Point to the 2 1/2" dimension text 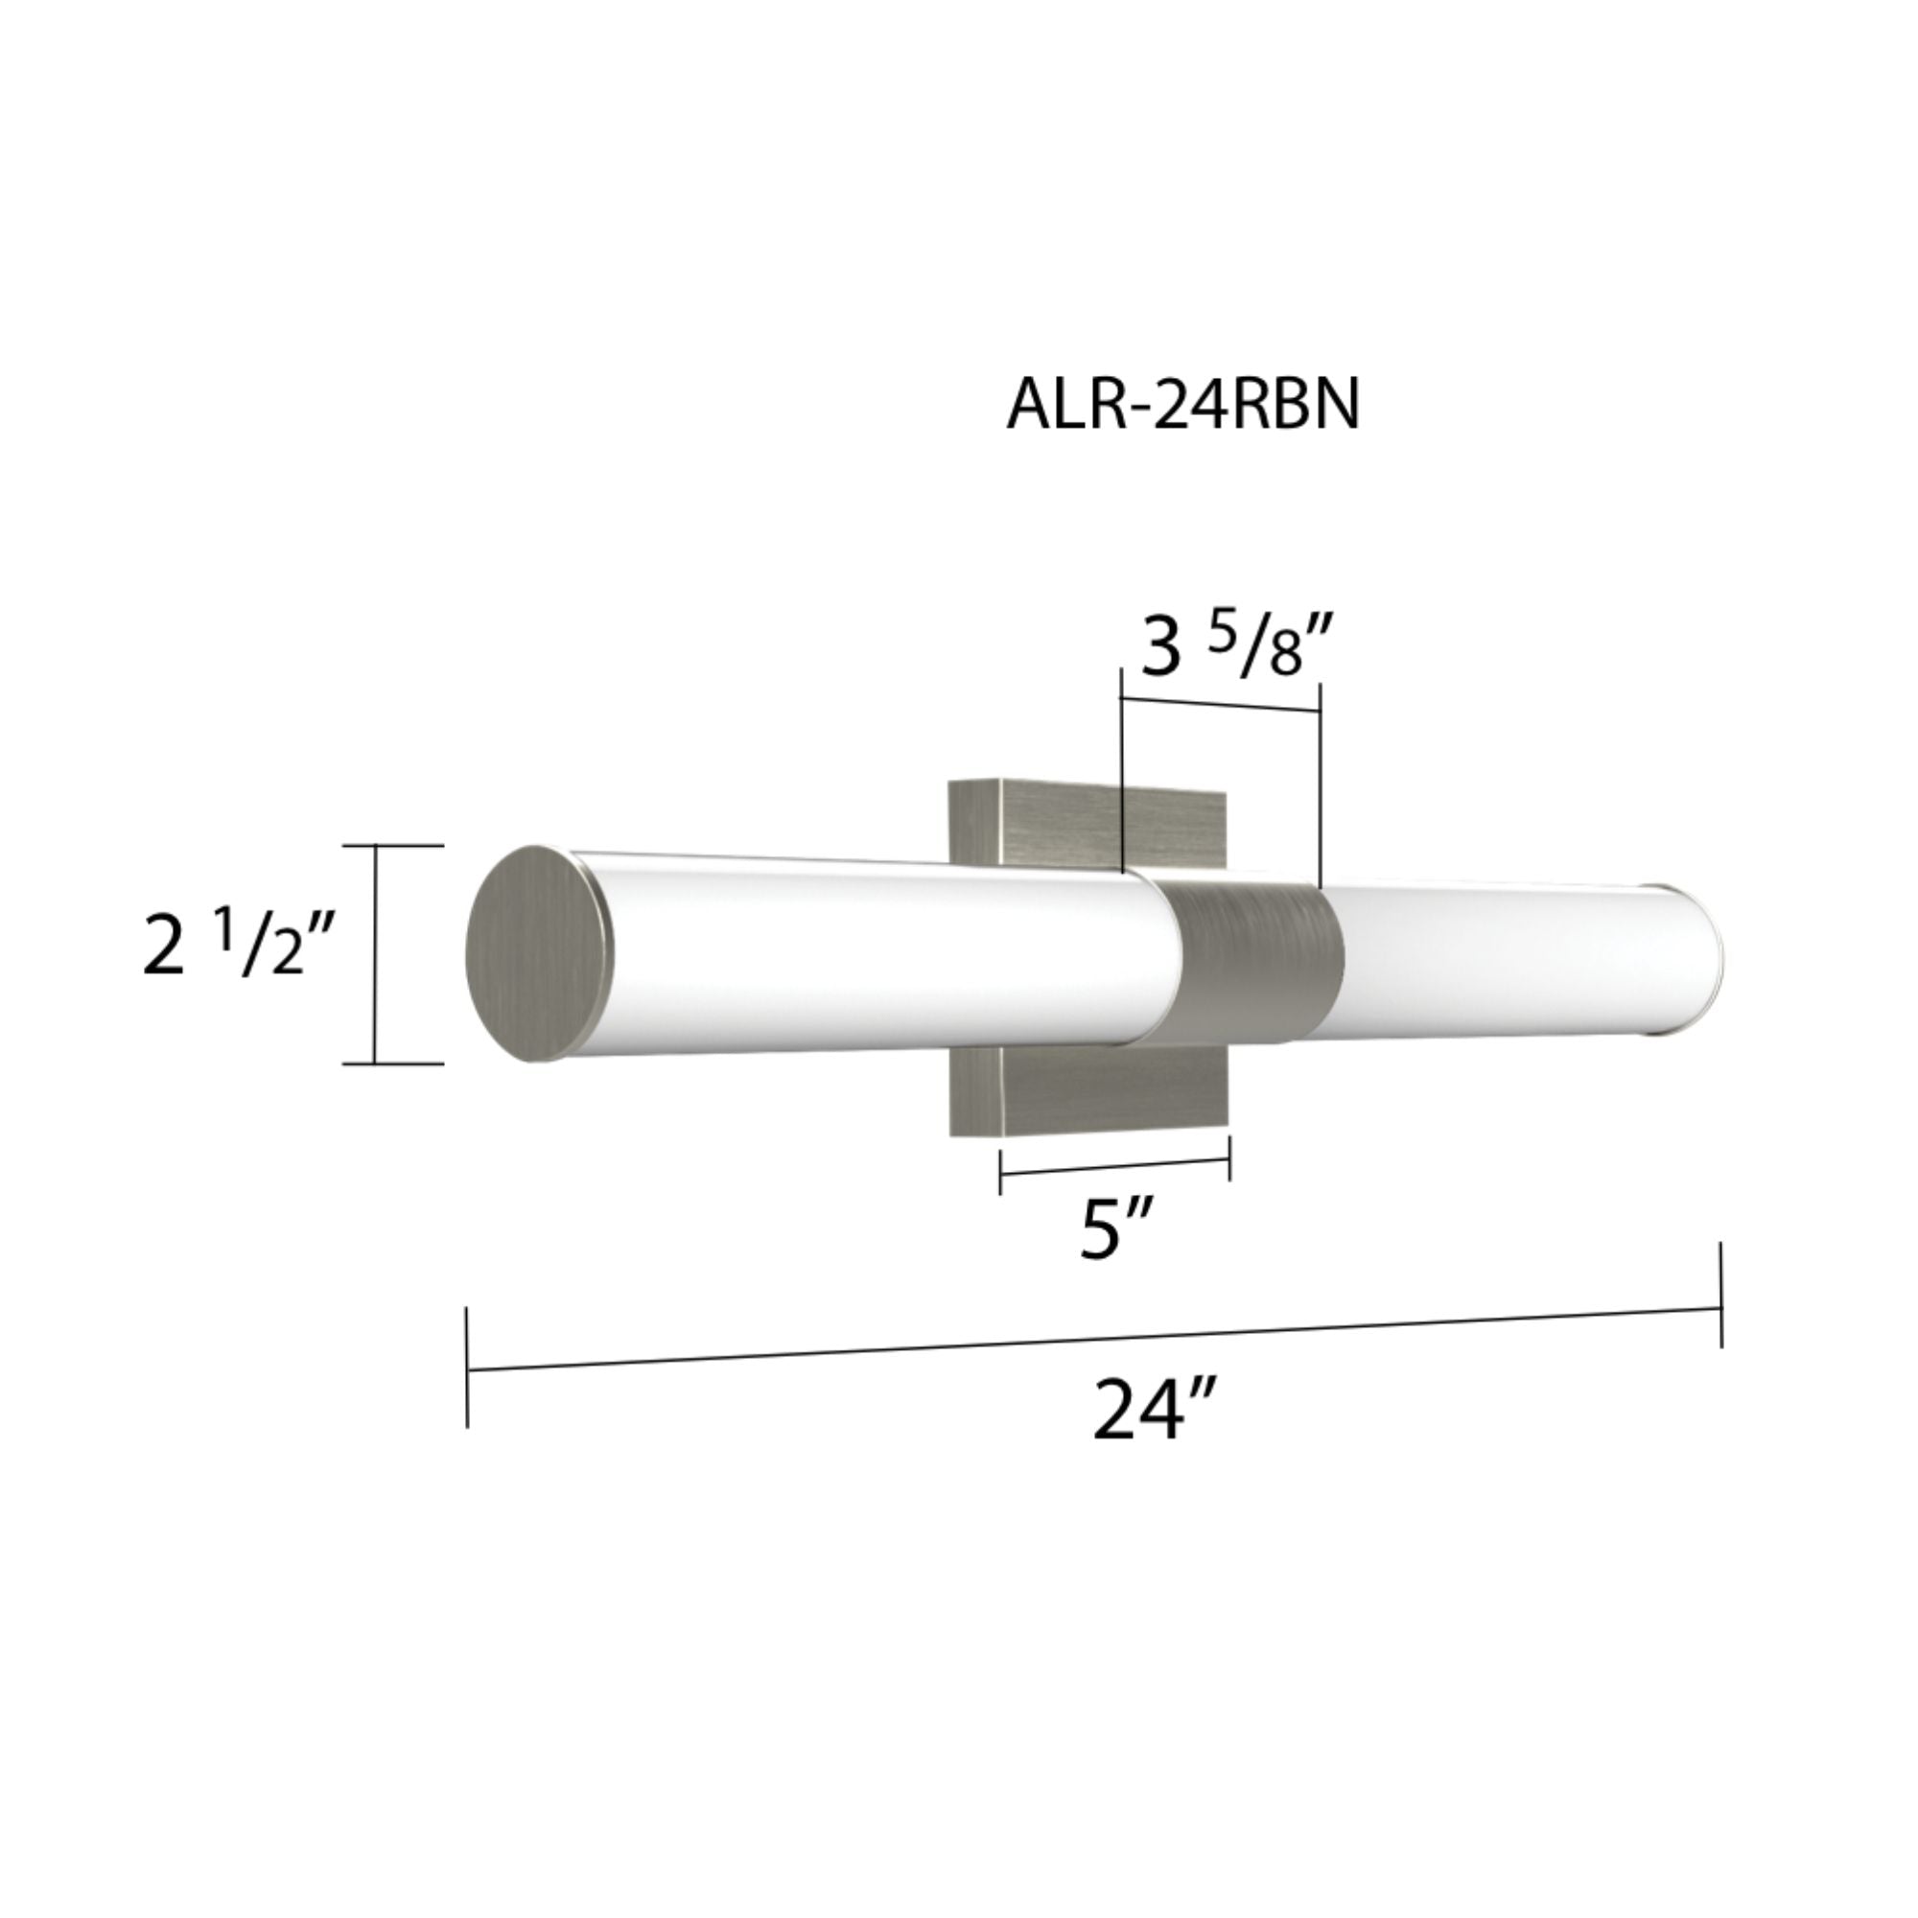[238, 947]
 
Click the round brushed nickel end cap [538, 953]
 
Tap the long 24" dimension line [1092, 1341]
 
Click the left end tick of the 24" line [467, 1370]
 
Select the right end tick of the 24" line [1720, 1296]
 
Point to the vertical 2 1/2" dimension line [375, 953]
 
